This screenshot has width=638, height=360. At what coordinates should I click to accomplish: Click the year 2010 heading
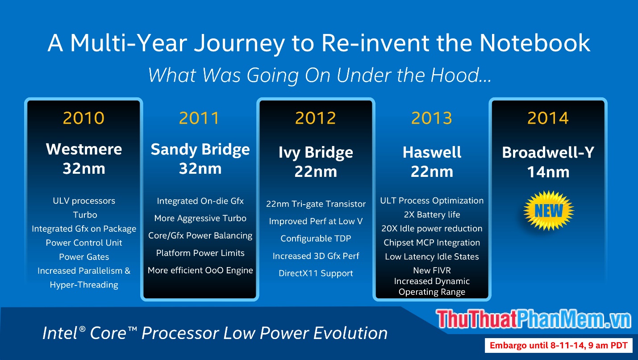click(x=83, y=118)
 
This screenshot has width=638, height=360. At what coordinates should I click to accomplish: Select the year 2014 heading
click(x=548, y=118)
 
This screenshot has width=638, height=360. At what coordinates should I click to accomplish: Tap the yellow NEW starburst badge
click(x=548, y=210)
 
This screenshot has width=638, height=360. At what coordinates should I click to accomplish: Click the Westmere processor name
click(x=84, y=149)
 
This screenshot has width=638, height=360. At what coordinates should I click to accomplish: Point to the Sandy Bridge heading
click(x=200, y=149)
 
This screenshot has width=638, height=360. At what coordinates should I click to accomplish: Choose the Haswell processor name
click(x=432, y=152)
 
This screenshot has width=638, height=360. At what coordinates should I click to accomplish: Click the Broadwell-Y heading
click(x=548, y=152)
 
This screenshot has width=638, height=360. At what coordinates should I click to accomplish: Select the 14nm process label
click(x=548, y=172)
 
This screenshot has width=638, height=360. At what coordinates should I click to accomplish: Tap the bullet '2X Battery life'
click(x=432, y=214)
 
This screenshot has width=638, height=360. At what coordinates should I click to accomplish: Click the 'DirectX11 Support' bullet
click(x=316, y=273)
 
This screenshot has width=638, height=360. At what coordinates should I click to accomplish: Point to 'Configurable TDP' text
click(x=316, y=239)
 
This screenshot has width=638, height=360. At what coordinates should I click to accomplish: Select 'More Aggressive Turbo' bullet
click(x=200, y=218)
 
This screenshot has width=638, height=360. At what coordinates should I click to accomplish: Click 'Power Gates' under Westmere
click(x=84, y=257)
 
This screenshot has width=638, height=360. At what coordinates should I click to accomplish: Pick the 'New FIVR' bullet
click(x=432, y=270)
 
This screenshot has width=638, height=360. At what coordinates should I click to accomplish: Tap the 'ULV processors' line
click(x=84, y=201)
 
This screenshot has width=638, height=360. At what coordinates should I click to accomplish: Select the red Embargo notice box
click(x=559, y=345)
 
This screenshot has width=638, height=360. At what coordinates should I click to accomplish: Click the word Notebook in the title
click(x=535, y=43)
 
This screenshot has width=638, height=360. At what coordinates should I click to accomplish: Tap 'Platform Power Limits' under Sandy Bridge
click(x=200, y=253)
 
